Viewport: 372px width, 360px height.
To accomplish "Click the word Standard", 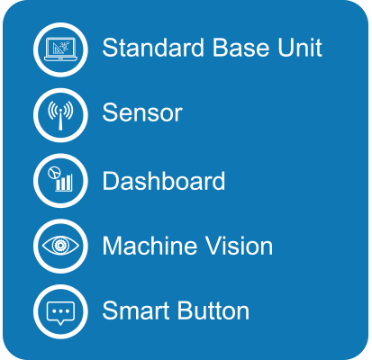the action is coord(153,48).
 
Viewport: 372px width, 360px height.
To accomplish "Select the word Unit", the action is coord(300,48).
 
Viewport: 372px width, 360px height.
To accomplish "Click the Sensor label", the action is coord(142,112).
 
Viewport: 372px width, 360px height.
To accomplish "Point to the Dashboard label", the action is coord(164,180).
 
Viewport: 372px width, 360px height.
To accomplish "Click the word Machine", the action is coord(150,246).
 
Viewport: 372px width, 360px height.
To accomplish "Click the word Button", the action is coord(213,310).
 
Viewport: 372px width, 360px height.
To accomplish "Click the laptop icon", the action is coord(60,49).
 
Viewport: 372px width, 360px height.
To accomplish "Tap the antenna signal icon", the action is coord(60,115).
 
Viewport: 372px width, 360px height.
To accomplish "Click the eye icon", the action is coord(60,246).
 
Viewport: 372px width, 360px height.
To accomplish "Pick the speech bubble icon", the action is coord(60,312).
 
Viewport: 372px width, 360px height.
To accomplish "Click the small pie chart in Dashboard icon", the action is coord(54,173).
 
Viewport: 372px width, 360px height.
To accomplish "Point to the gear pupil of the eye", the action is coord(60,246).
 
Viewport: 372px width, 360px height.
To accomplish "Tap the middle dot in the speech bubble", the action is coord(60,311).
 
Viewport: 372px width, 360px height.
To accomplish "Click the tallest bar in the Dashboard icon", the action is coord(69,183).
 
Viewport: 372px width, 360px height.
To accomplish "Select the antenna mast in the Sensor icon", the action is coord(60,121).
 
